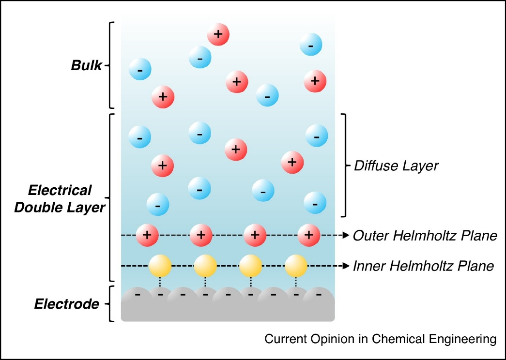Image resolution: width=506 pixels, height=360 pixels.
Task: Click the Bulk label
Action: click(x=87, y=65)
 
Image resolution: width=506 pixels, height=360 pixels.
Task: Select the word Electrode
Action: click(x=66, y=304)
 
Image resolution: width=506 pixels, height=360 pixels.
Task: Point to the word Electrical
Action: click(x=60, y=190)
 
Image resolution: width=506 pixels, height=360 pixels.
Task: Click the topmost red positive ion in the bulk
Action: click(x=218, y=34)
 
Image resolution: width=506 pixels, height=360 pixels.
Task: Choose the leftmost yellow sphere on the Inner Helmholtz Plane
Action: click(x=160, y=265)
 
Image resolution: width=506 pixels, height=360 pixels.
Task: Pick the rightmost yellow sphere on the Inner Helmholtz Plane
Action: click(x=296, y=265)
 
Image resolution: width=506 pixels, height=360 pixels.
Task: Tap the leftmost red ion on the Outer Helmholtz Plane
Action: click(x=148, y=235)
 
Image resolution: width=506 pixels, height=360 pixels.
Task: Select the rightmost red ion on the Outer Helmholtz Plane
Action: click(x=309, y=235)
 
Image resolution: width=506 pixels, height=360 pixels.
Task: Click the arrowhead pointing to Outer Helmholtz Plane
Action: click(x=346, y=235)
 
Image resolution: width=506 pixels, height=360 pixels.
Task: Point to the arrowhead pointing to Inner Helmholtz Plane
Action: click(x=346, y=265)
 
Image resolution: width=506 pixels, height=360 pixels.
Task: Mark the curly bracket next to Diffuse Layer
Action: click(x=345, y=165)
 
